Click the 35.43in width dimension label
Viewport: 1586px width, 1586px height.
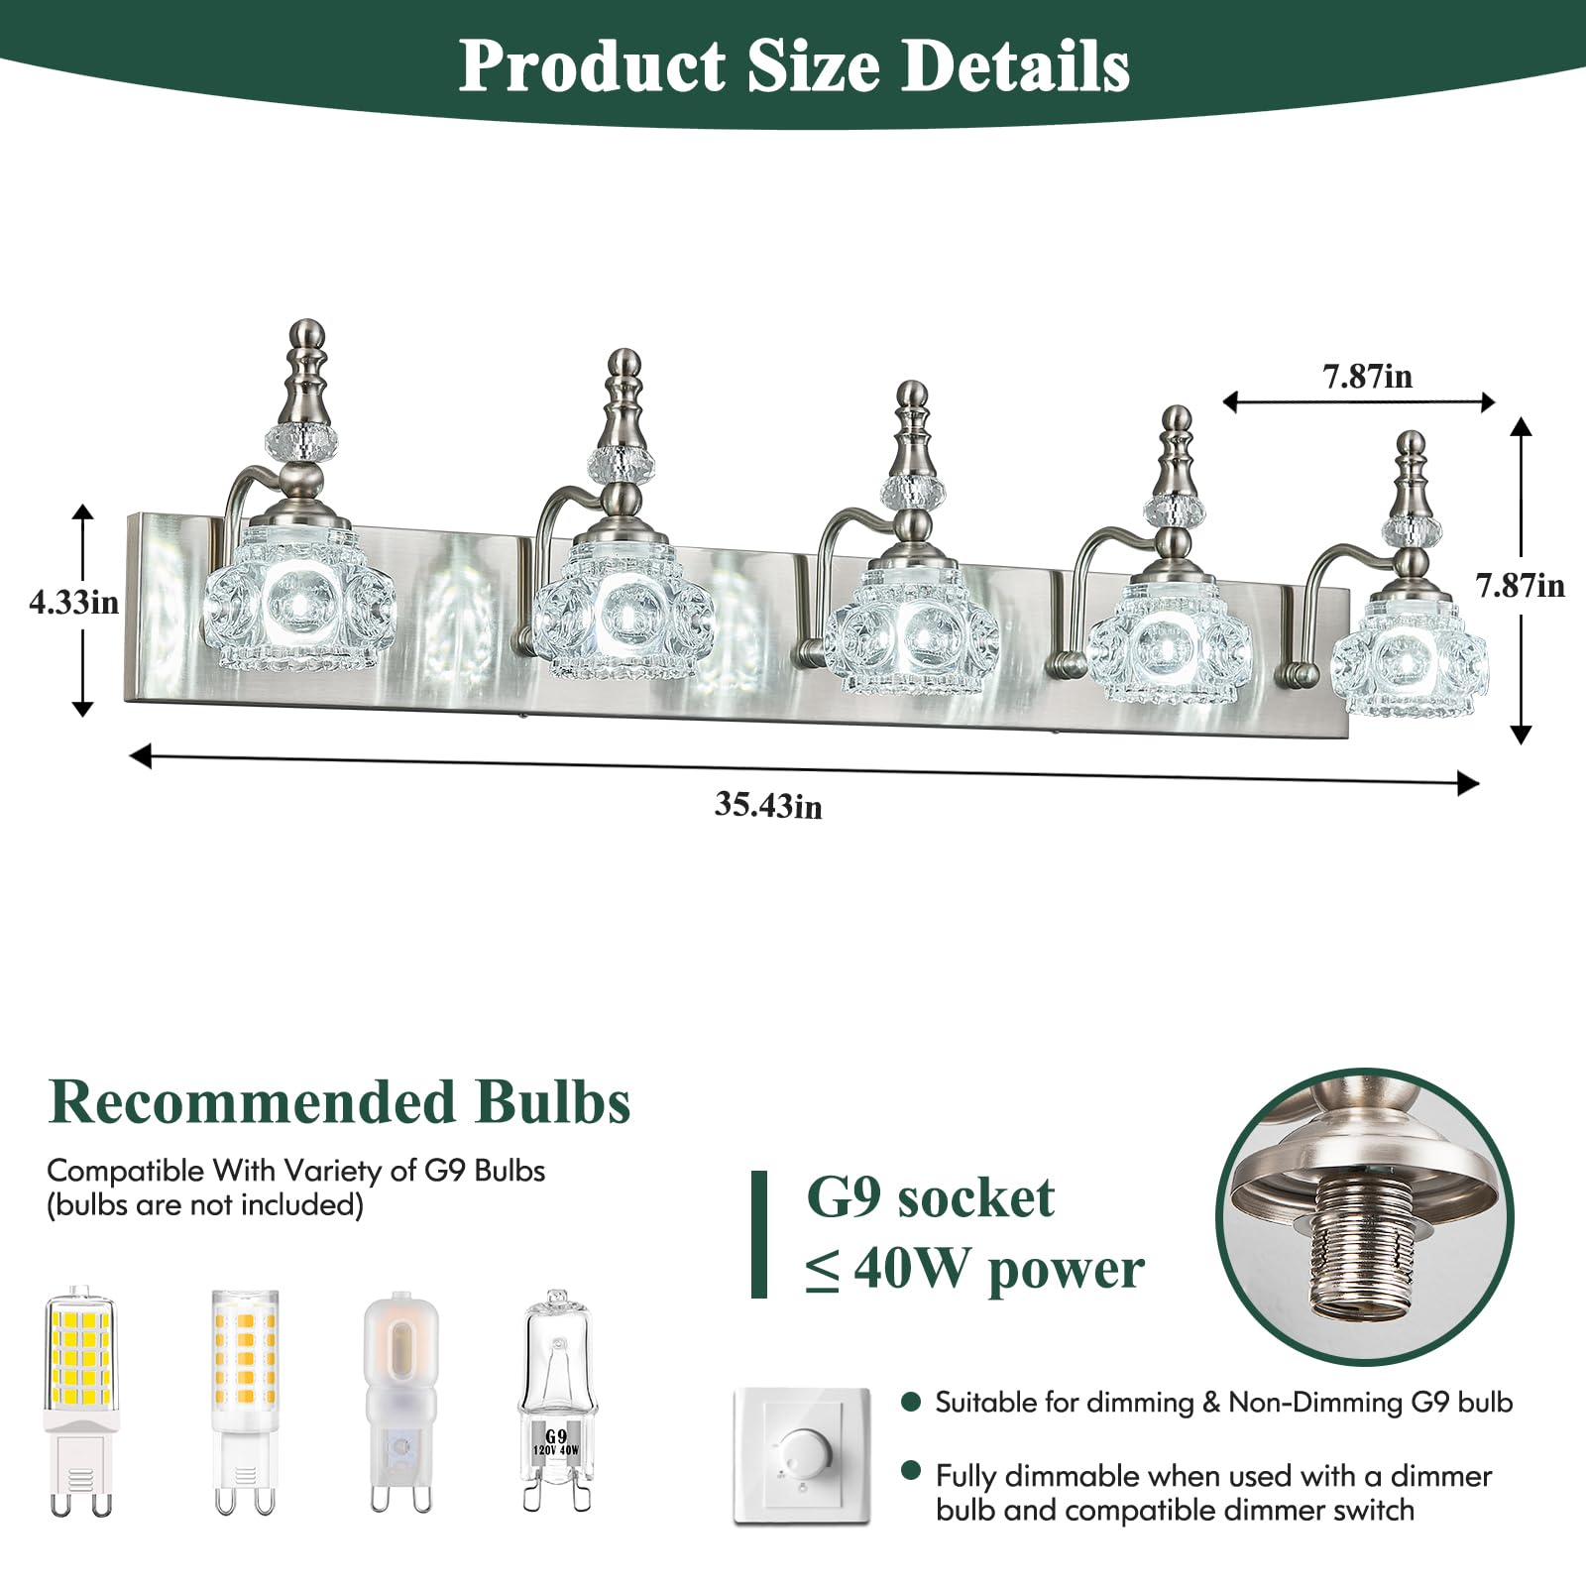click(x=768, y=805)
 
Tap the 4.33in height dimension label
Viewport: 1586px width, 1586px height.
click(x=73, y=602)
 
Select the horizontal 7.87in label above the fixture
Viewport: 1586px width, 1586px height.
click(x=1367, y=376)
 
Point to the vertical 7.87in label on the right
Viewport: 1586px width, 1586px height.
click(x=1521, y=585)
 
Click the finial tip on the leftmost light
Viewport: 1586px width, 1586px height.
click(x=307, y=327)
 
